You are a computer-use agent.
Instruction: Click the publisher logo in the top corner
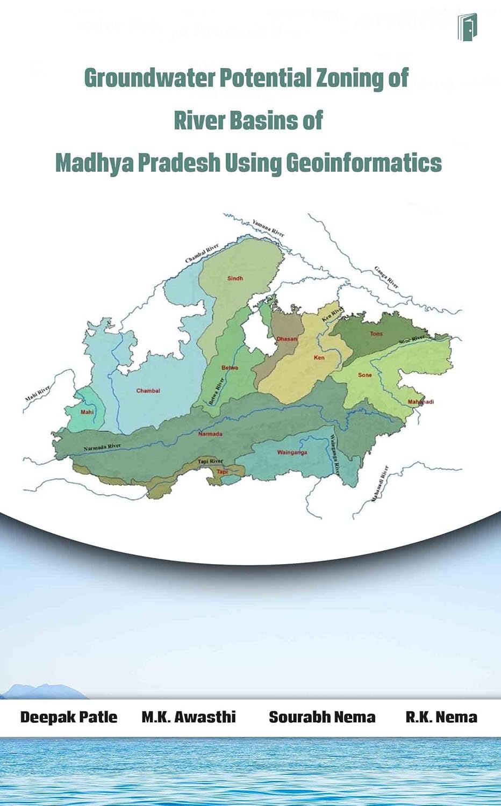click(467, 27)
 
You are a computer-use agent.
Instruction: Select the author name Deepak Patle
click(69, 717)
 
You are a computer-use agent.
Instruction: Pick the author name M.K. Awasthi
click(189, 717)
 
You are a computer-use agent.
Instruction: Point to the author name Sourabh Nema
click(322, 717)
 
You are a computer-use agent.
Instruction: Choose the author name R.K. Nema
click(441, 717)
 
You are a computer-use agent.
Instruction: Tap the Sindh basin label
click(235, 278)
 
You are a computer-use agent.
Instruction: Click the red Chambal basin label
click(148, 391)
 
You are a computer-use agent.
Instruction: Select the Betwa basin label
click(230, 368)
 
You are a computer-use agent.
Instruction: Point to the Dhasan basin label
click(287, 339)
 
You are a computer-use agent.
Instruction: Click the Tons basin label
click(376, 334)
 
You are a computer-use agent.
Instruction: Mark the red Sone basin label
click(364, 375)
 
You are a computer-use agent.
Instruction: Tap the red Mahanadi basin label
click(420, 402)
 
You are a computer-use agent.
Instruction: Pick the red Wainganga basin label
click(292, 452)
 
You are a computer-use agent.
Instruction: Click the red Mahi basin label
click(87, 412)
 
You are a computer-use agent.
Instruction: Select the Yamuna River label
click(268, 228)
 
